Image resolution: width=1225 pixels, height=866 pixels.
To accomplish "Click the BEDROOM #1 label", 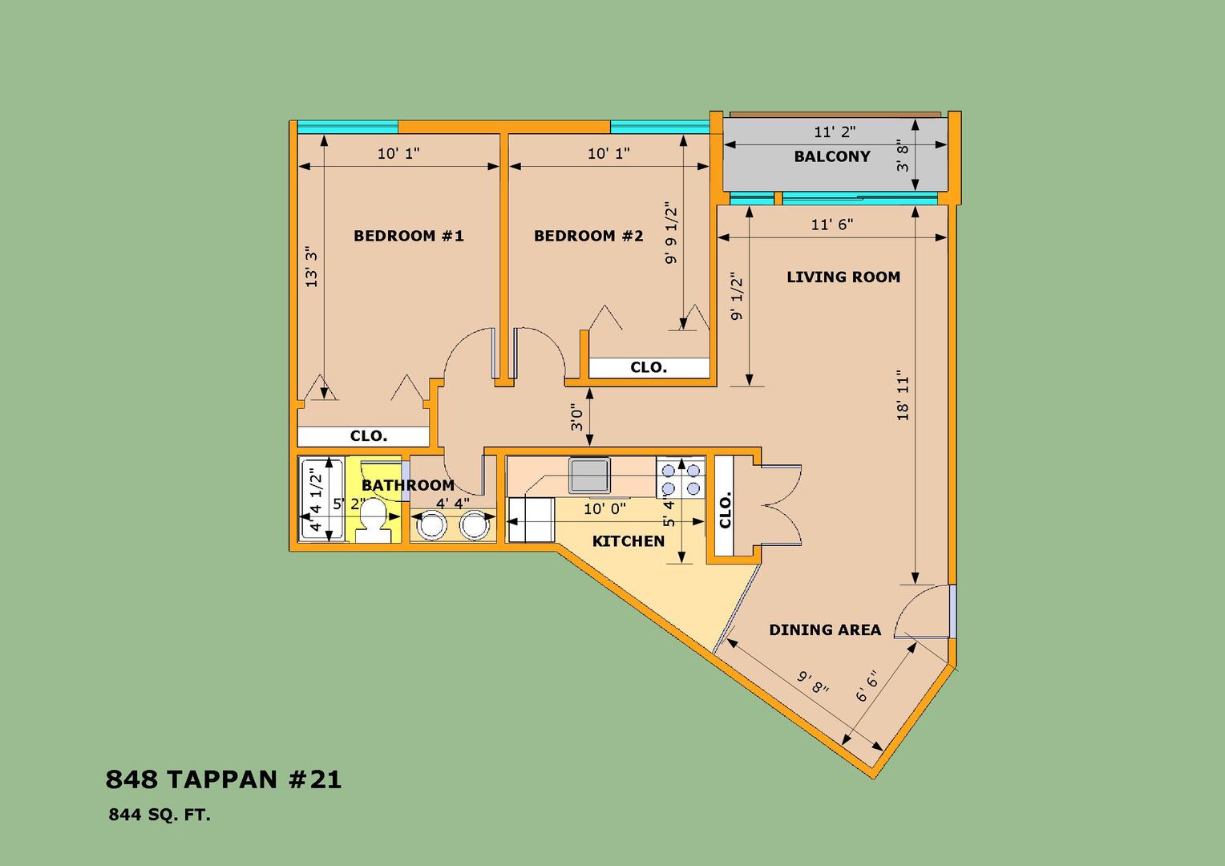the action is pos(409,236).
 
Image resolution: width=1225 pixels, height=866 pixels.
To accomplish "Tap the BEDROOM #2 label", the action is pos(588,236).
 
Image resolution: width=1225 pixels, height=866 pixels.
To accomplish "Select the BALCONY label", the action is pos(832,156).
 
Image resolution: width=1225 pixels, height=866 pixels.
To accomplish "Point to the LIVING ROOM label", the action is pos(843,277).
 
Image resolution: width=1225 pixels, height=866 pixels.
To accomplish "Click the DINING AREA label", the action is pos(825,629).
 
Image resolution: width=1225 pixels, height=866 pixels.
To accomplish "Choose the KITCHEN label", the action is pos(629,541).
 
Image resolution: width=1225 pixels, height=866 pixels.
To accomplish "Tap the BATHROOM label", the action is pos(408,485).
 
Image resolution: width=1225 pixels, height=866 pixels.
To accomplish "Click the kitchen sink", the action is pos(589,475).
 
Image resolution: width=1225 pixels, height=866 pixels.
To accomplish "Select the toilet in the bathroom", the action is pos(374,521).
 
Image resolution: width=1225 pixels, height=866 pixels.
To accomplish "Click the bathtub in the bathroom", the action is pos(322,500).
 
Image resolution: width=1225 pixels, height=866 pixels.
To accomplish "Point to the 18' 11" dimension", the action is pos(903,399).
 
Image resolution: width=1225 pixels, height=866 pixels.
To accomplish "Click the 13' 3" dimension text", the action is pos(311,267).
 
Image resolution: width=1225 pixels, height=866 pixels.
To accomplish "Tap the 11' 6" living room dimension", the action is pos(832,225).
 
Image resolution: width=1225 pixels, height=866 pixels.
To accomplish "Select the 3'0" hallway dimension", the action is pos(576,418).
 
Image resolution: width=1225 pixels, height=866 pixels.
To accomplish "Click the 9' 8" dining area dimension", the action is pos(812,682).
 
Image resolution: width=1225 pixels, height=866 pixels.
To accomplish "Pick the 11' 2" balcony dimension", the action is pos(835,132).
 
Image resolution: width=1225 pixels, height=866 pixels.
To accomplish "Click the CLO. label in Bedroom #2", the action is pos(649,367).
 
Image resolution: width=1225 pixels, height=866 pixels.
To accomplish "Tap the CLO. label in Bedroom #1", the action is pos(369,436).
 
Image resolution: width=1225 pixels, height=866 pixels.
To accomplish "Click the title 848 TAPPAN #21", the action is pos(223,779).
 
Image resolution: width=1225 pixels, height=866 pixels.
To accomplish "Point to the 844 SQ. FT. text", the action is pos(160,815).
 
